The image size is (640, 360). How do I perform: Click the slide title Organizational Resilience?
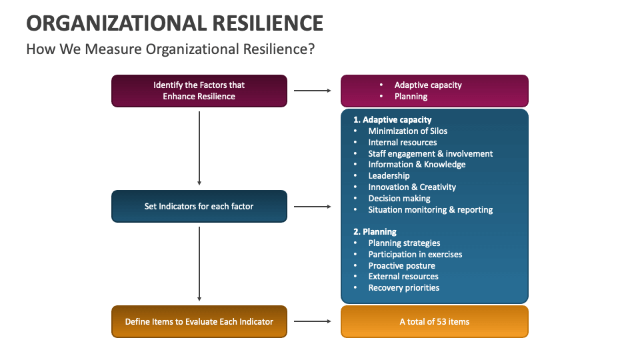click(175, 23)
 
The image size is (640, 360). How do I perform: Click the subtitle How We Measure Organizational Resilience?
click(170, 49)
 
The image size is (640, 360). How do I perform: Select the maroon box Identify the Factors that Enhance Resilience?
click(199, 91)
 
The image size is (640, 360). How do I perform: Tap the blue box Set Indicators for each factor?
click(199, 206)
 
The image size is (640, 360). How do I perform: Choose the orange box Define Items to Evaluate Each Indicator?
click(199, 321)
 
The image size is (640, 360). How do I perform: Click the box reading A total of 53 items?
click(434, 321)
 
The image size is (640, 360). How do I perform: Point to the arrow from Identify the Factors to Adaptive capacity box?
click(313, 91)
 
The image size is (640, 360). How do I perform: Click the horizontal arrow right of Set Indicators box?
click(313, 207)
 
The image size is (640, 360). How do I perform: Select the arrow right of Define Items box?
click(313, 321)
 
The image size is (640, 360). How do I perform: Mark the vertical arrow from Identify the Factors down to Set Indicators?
click(199, 148)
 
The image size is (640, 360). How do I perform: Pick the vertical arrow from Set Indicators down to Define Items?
click(199, 263)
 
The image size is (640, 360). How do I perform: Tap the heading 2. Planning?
click(375, 231)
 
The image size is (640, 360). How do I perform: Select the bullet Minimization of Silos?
click(407, 131)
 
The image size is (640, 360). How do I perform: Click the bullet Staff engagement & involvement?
click(430, 153)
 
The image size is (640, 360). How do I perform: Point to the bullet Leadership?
click(389, 176)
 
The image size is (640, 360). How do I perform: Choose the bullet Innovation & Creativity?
click(412, 187)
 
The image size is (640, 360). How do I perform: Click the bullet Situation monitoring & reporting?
click(430, 209)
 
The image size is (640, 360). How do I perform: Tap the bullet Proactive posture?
click(401, 265)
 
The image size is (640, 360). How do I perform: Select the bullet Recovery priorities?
click(403, 288)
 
